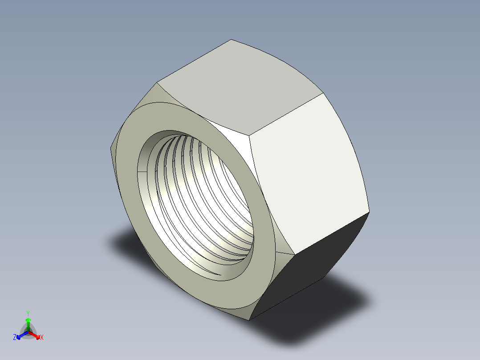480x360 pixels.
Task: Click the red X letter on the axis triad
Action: tap(41, 338)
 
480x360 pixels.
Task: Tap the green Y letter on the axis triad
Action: tap(28, 313)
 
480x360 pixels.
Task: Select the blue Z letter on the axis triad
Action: tap(15, 338)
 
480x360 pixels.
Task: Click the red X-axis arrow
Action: tap(35, 335)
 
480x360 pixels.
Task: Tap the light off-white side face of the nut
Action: tap(307, 174)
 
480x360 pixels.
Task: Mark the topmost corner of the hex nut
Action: tap(231, 40)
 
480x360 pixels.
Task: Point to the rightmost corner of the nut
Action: tap(369, 212)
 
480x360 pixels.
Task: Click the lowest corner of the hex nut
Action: tap(250, 320)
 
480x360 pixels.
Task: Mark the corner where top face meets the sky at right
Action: tap(322, 94)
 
